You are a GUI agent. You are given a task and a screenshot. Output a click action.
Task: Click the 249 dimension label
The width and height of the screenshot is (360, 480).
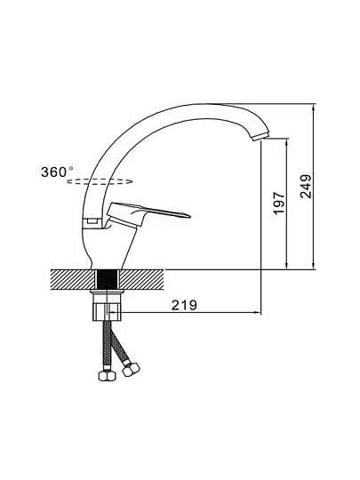(306, 187)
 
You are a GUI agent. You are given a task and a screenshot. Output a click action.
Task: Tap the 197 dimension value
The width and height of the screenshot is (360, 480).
(279, 204)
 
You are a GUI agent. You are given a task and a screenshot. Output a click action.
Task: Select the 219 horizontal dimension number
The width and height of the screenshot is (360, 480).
(184, 305)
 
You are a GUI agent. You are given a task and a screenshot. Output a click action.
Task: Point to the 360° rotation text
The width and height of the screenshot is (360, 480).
(57, 172)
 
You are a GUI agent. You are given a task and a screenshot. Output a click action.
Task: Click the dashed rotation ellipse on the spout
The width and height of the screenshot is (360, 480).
(100, 181)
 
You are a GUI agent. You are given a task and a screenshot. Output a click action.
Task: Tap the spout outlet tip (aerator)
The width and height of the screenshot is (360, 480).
(260, 137)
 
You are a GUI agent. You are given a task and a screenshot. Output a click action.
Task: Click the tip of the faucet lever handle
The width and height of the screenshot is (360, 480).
(188, 217)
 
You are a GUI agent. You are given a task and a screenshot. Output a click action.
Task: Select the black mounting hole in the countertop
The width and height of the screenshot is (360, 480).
(108, 279)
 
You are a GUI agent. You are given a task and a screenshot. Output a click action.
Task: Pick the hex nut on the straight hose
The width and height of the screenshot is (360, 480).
(107, 376)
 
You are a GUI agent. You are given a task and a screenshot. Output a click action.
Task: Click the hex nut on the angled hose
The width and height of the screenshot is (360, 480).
(131, 369)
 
